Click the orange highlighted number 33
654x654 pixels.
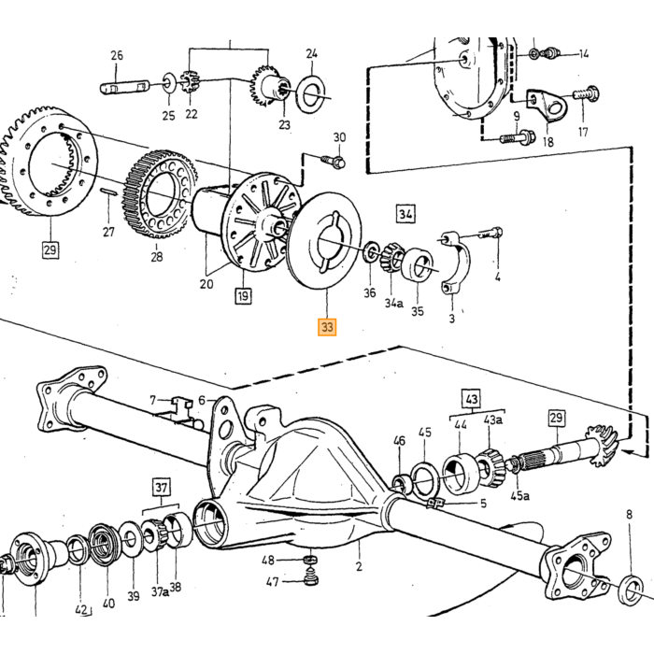pyautogui.click(x=327, y=327)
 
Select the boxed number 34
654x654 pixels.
pyautogui.click(x=405, y=214)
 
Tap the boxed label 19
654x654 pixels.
pyautogui.click(x=243, y=296)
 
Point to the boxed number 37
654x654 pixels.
pyautogui.click(x=162, y=487)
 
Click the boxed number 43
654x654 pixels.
pyautogui.click(x=471, y=399)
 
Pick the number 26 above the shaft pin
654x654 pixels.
pyautogui.click(x=117, y=55)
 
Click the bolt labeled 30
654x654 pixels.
pyautogui.click(x=333, y=161)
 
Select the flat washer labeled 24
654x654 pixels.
pyautogui.click(x=311, y=93)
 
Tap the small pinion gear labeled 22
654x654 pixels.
pyautogui.click(x=191, y=82)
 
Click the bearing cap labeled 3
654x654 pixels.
pyautogui.click(x=455, y=262)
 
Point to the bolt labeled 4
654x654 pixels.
pyautogui.click(x=490, y=233)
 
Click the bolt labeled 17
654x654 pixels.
pyautogui.click(x=586, y=93)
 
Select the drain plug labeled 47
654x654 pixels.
pyautogui.click(x=310, y=579)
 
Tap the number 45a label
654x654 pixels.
pyautogui.click(x=520, y=496)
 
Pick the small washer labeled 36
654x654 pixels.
pyautogui.click(x=370, y=251)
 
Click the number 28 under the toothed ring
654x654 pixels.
pyautogui.click(x=157, y=257)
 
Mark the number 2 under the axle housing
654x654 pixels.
pyautogui.click(x=359, y=566)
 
